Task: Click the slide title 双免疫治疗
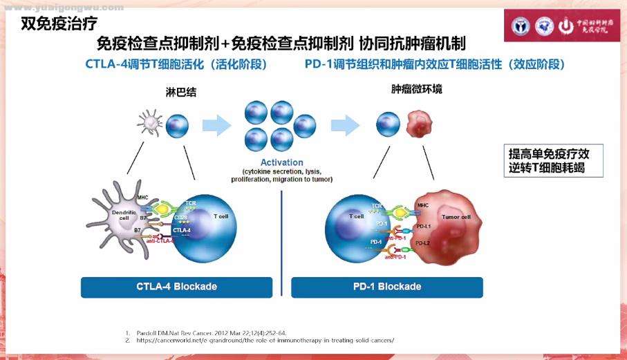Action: point(54,23)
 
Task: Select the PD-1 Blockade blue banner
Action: point(385,287)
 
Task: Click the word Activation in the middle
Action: point(282,162)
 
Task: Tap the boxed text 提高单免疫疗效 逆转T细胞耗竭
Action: point(546,160)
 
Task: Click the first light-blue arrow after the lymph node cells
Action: point(216,124)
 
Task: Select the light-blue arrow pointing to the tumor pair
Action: point(346,124)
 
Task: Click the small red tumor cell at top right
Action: point(418,125)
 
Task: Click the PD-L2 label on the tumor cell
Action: point(422,243)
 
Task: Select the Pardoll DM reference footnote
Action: point(207,332)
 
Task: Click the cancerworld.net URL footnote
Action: point(263,340)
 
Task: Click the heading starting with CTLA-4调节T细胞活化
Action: point(176,64)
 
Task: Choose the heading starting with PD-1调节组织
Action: point(435,64)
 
